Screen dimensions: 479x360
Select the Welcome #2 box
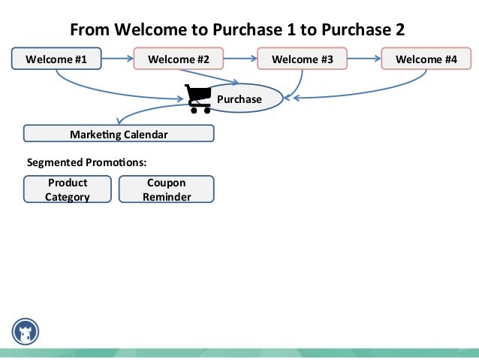(178, 59)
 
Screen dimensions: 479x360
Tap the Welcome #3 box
(301, 59)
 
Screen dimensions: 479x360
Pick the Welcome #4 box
(426, 59)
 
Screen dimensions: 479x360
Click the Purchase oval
(244, 98)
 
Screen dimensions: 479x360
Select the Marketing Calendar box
(119, 134)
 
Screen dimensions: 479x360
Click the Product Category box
(68, 189)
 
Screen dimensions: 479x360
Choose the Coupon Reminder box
(166, 189)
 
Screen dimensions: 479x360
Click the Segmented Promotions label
(86, 162)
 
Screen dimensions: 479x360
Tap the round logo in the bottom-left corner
(26, 331)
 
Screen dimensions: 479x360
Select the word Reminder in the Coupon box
(166, 197)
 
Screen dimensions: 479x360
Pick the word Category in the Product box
(68, 197)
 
